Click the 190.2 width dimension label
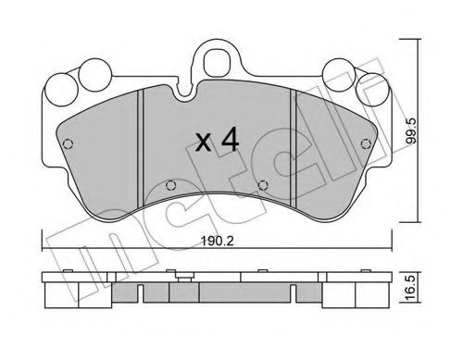pyautogui.click(x=217, y=241)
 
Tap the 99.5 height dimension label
pyautogui.click(x=411, y=131)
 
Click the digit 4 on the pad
pyautogui.click(x=231, y=140)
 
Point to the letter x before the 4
pyautogui.click(x=204, y=143)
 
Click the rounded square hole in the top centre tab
pyautogui.click(x=218, y=63)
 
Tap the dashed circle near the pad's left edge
pyautogui.click(x=68, y=144)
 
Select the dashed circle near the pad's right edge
pyautogui.click(x=366, y=143)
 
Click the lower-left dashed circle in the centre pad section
pyautogui.click(x=170, y=185)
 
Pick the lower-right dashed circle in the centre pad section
pyautogui.click(x=263, y=185)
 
